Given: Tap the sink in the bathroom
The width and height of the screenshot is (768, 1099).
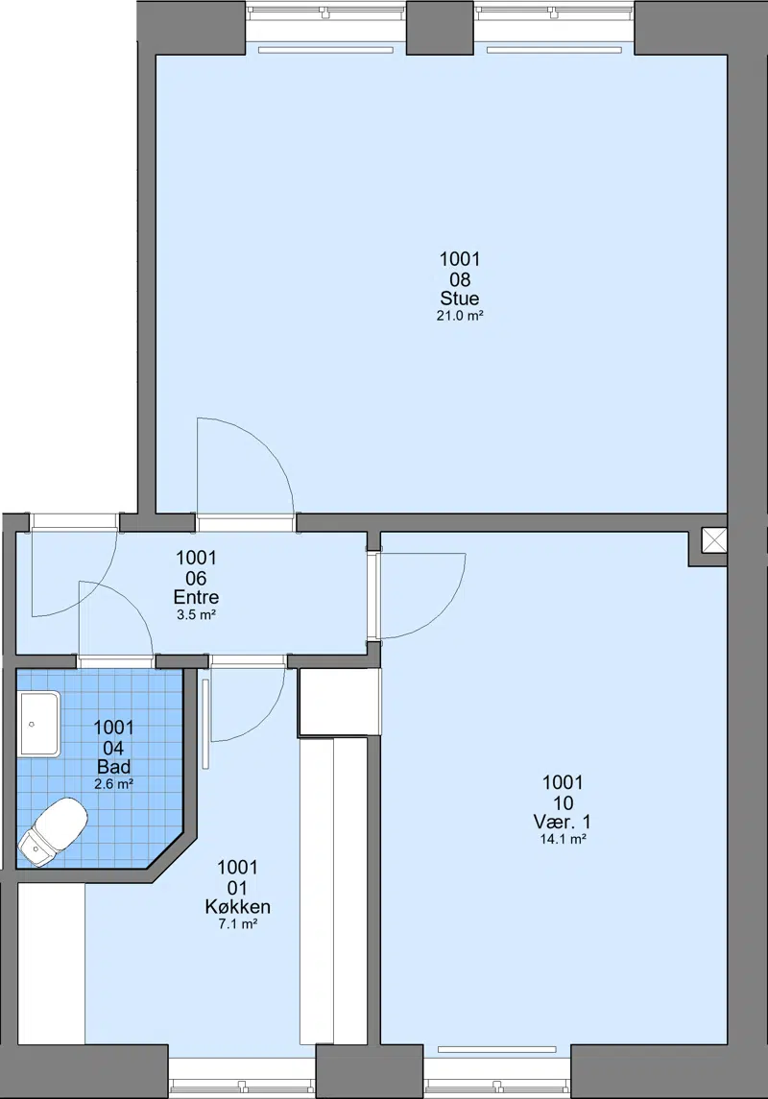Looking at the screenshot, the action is [40, 724].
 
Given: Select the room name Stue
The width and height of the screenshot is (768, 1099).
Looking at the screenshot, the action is [460, 299].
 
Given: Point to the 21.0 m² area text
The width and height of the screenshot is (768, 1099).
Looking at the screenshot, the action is [460, 316].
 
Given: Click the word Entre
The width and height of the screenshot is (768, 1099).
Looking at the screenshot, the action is [196, 597].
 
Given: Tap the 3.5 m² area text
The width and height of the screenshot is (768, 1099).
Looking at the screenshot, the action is [196, 615].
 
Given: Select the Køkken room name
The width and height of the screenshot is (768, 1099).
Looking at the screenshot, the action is [237, 906].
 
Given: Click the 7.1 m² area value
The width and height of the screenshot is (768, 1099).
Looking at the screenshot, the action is [237, 924].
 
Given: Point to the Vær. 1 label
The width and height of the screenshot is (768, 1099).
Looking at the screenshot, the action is [562, 822].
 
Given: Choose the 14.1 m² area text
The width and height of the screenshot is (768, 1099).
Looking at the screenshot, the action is [563, 839].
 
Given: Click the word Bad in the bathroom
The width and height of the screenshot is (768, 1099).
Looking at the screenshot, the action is [113, 766].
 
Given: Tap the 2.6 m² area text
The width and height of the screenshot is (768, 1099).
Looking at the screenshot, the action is [113, 783].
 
